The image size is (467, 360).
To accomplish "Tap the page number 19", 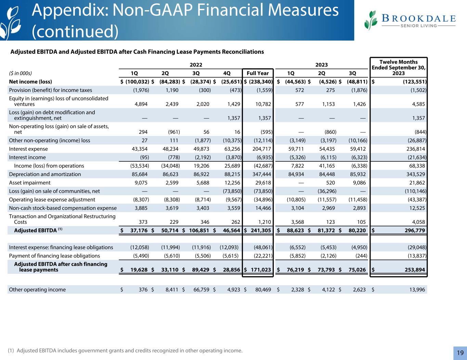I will tap(460, 353).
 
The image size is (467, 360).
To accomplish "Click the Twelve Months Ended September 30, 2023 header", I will tap(399, 68).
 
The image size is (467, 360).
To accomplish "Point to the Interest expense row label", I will tap(28, 149).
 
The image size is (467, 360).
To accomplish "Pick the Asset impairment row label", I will tap(30, 183).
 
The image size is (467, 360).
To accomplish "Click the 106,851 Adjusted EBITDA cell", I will tap(199, 230).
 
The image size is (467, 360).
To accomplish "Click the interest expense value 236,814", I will tap(414, 149).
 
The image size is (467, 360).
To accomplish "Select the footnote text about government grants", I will tap(125, 350).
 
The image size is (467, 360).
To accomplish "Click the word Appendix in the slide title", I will tap(65, 11).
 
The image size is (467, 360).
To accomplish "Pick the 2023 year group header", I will tap(321, 65).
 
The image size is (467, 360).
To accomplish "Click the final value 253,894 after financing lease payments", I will tap(413, 270).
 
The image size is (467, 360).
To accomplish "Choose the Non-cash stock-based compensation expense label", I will tap(63, 208).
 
